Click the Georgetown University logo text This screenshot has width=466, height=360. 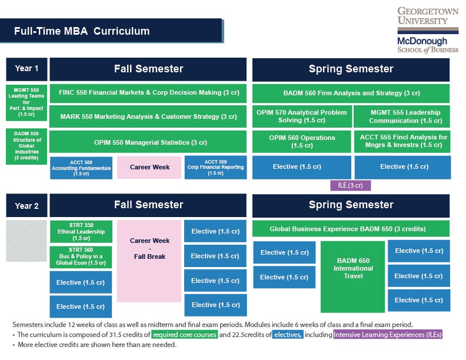tap(428, 16)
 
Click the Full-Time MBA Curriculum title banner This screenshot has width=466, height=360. tap(112, 31)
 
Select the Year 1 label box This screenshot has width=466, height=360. tap(26, 69)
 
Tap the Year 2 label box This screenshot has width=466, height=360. tap(26, 206)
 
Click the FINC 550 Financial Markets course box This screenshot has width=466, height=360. tap(148, 93)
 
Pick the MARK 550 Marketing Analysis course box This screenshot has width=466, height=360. tap(148, 116)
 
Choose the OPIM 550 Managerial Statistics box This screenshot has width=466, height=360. tap(148, 142)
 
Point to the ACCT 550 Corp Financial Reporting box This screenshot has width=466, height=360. tap(215, 167)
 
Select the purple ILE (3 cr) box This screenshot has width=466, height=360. tap(351, 185)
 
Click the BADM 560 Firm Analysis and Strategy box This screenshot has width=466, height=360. tap(351, 93)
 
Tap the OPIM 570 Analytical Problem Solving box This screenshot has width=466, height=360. tap(302, 116)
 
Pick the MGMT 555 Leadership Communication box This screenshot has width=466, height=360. tap(402, 116)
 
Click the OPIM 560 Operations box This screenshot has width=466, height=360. tap(302, 142)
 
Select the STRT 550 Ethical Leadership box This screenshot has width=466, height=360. tap(81, 232)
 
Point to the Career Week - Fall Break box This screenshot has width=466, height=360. tap(149, 248)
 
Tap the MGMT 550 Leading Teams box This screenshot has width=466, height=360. tap(26, 103)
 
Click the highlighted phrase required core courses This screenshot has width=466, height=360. tap(185, 335)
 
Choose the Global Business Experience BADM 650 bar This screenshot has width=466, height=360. tap(351, 229)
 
